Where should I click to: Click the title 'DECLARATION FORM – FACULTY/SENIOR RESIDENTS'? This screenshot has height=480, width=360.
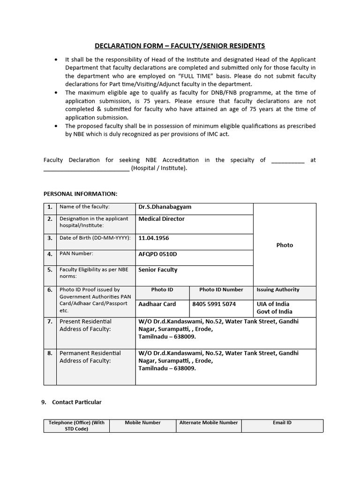tap(180, 46)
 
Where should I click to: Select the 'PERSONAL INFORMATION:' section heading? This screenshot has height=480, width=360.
tap(81, 194)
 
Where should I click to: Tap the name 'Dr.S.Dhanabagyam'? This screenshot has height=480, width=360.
tap(165, 207)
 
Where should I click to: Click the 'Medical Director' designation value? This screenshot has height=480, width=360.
tap(161, 219)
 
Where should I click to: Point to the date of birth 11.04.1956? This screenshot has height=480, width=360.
tap(154, 238)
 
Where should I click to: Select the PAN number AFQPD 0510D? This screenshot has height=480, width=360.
tap(157, 254)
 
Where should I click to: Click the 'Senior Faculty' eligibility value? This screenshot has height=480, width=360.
tap(157, 270)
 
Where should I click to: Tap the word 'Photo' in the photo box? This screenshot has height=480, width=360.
tap(285, 245)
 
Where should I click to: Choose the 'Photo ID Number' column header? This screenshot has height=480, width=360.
tap(221, 290)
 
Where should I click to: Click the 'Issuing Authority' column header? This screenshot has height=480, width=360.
tap(278, 290)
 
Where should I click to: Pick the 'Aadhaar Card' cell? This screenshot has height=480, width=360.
tap(157, 304)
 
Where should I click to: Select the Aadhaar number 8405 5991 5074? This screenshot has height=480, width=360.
tap(214, 304)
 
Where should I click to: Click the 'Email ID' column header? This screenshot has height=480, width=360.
tap(282, 423)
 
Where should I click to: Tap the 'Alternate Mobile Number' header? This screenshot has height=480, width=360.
tap(209, 423)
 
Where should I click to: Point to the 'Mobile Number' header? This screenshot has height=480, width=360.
tap(142, 423)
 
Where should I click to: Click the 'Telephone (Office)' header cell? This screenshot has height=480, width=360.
tap(76, 426)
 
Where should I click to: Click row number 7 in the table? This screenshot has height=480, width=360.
tap(50, 322)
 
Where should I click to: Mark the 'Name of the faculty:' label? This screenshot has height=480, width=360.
tap(84, 207)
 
